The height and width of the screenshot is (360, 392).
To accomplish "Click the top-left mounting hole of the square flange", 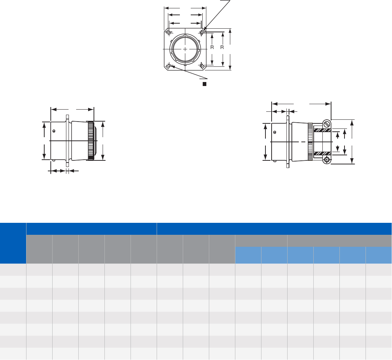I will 169,33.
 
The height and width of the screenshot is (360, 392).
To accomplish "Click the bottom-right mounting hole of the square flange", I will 202,66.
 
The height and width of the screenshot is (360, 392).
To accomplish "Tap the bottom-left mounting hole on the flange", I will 169,66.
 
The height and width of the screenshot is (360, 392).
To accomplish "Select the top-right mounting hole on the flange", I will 202,33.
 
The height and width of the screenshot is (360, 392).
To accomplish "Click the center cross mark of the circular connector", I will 185,49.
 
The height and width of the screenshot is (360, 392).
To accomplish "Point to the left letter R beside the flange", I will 212,48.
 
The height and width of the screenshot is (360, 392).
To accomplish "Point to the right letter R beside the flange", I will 222,48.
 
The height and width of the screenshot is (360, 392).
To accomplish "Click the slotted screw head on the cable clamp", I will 327,124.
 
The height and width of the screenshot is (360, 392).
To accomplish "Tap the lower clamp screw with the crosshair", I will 327,160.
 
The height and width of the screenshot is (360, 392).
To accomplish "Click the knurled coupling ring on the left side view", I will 90,140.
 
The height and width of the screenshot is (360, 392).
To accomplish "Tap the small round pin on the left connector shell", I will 54,131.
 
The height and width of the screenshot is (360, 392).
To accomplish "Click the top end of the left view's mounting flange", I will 67,117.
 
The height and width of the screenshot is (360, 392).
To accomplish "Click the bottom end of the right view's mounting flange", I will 288,166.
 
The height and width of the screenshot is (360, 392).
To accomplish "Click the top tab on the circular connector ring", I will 185,35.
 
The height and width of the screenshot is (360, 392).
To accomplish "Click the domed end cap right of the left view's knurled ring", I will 95,140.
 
